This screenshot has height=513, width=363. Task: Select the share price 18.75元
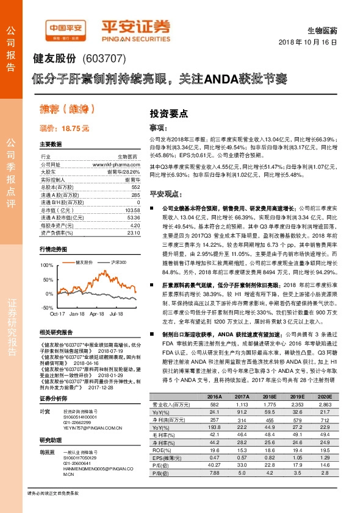click(64, 129)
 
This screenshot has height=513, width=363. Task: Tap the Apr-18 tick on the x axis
click(96, 313)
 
